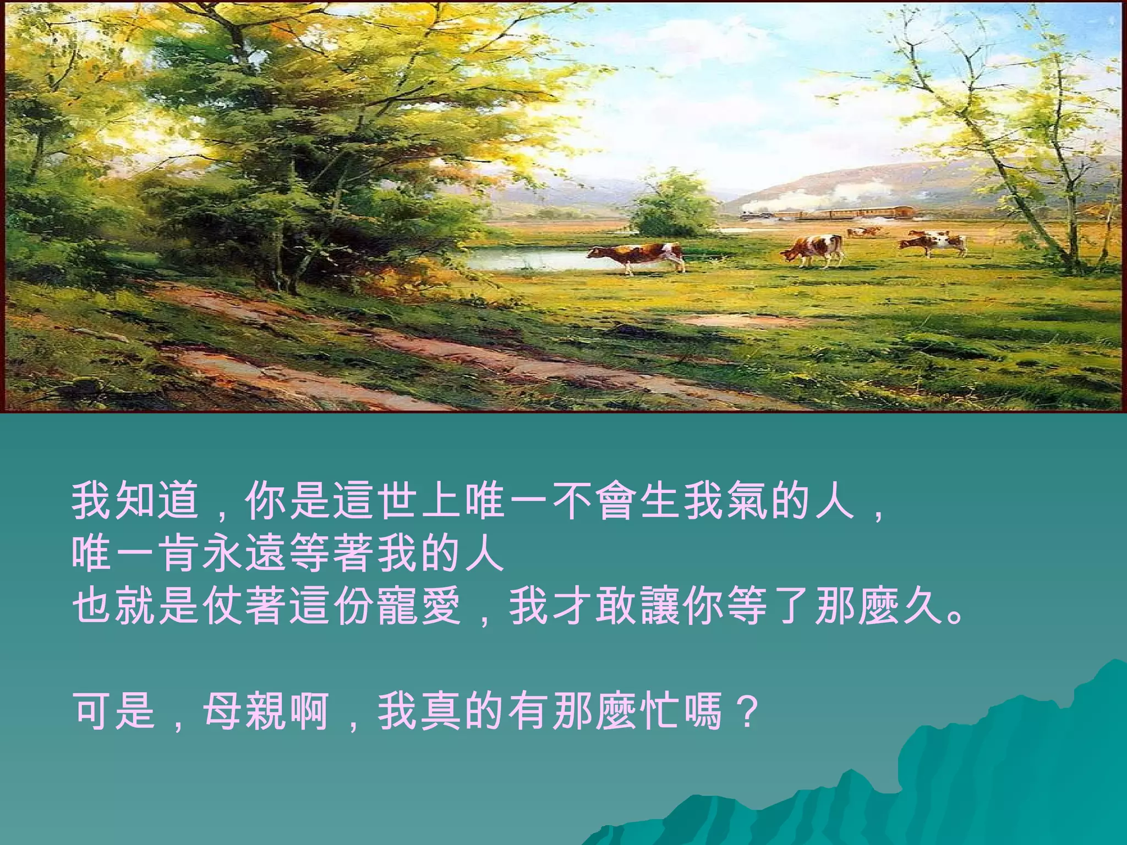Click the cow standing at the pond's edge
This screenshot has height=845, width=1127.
(638, 256)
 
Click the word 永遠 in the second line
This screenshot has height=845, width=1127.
(244, 553)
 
